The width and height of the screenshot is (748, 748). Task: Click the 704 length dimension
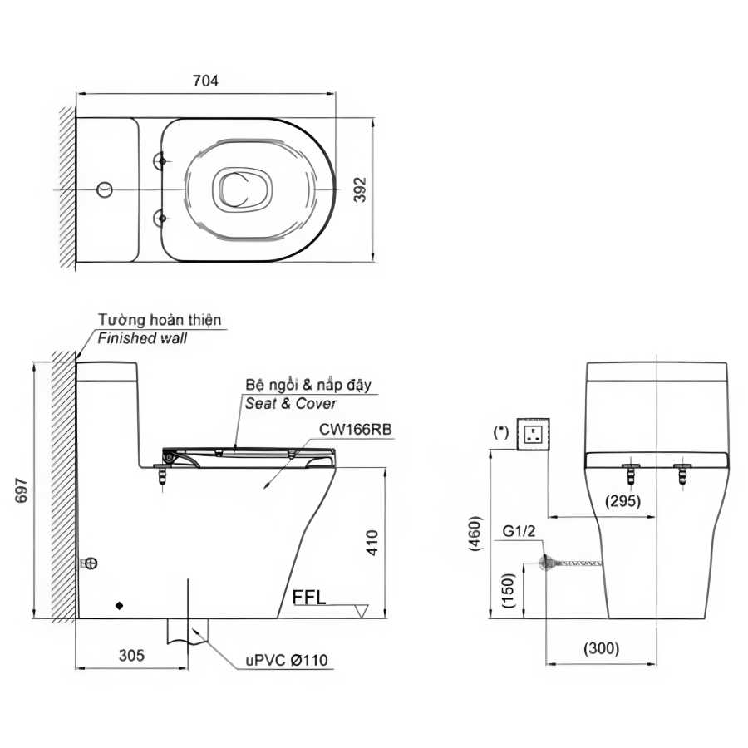205,81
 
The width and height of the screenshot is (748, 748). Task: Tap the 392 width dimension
360,189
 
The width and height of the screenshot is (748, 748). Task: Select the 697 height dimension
22,490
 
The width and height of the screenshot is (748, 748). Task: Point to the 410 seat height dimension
372,543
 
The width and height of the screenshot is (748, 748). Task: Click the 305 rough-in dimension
131,656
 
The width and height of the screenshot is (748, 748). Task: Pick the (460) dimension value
475,534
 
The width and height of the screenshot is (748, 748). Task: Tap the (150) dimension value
509,590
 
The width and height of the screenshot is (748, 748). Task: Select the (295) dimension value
623,501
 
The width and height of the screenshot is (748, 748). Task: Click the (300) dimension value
601,648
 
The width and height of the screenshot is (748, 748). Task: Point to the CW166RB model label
356,430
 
